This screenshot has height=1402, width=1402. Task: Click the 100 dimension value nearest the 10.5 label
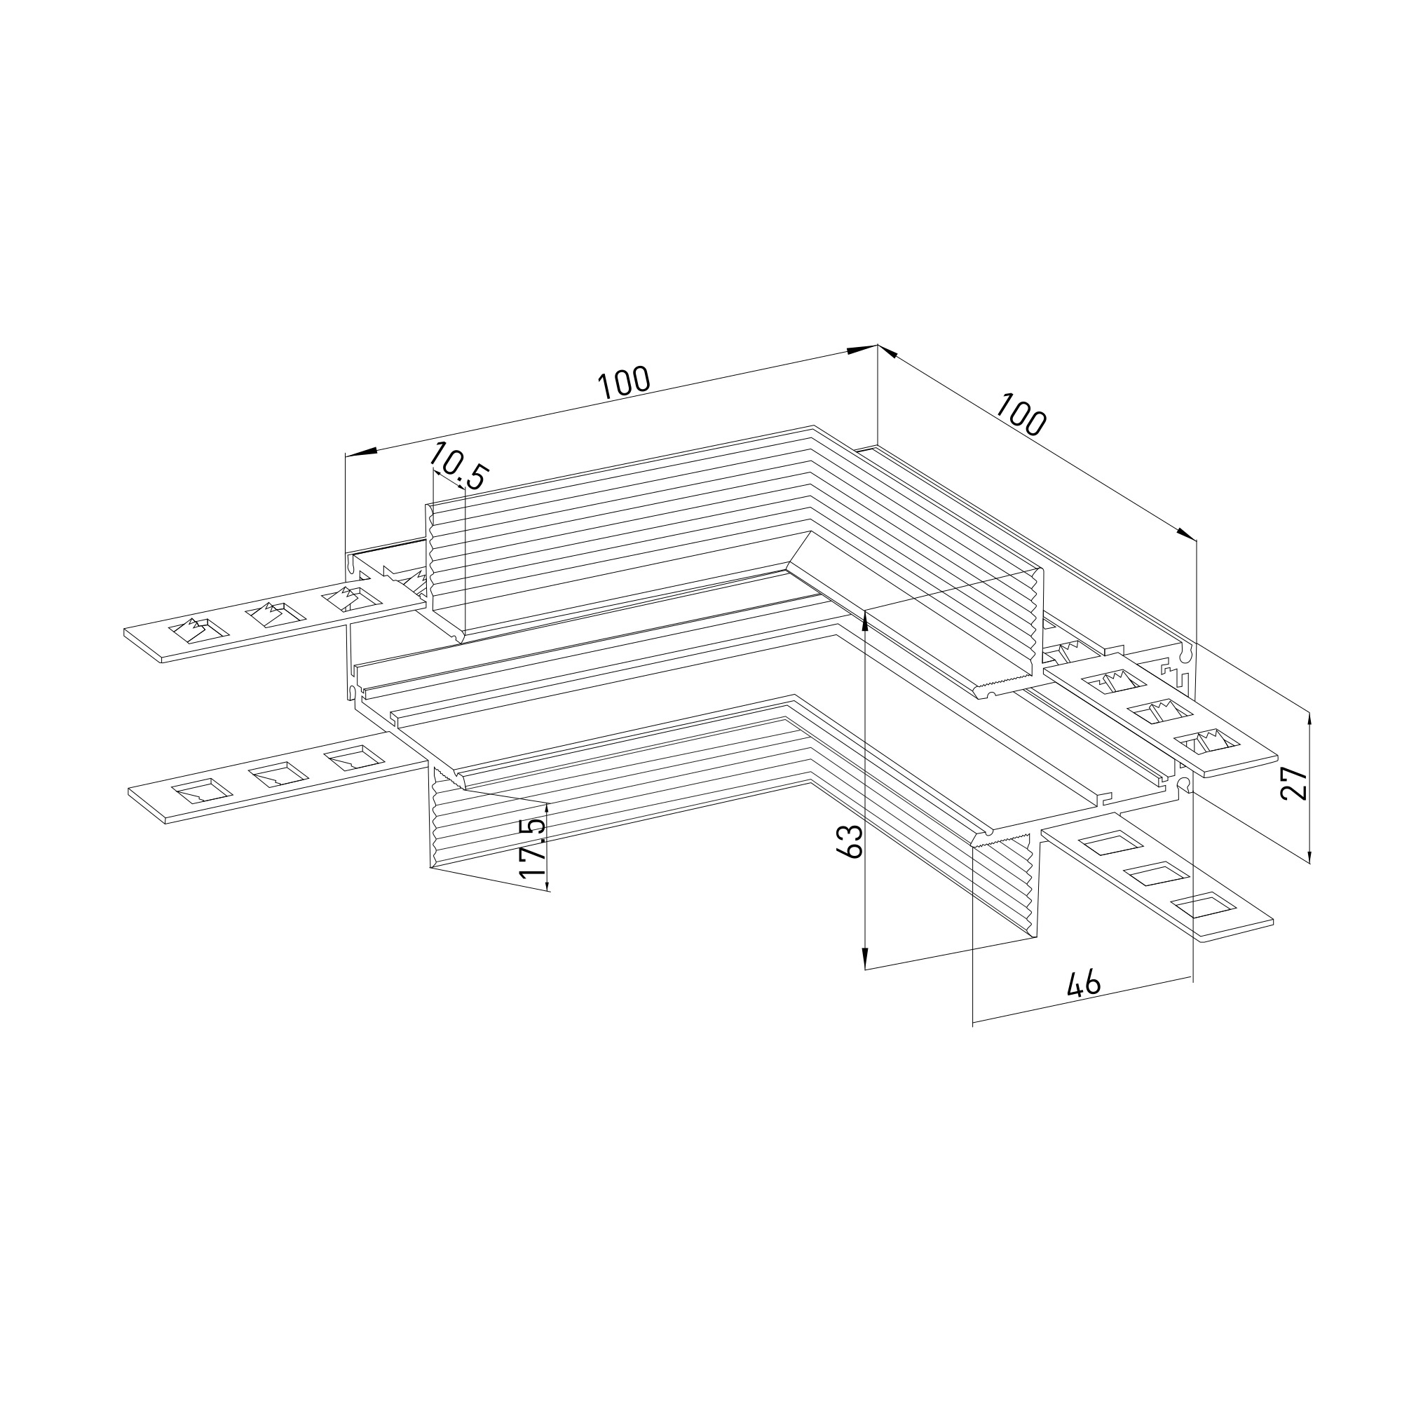(624, 383)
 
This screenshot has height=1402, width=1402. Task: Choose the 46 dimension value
(1084, 984)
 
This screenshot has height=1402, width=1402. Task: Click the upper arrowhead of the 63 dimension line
(865, 622)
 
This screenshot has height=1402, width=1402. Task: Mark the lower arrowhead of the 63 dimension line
(865, 957)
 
